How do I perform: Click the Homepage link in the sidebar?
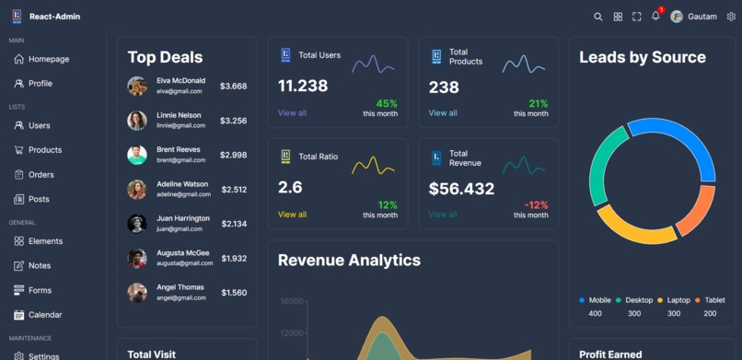pyautogui.click(x=48, y=59)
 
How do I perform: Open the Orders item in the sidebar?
pyautogui.click(x=41, y=174)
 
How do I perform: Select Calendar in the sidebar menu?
pyautogui.click(x=45, y=315)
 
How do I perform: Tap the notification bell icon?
pyautogui.click(x=655, y=17)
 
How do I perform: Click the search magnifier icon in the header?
pyautogui.click(x=598, y=17)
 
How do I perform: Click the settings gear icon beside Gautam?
pyautogui.click(x=731, y=17)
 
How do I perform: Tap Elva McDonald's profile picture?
pyautogui.click(x=137, y=86)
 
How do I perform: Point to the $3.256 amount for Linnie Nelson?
pyautogui.click(x=233, y=121)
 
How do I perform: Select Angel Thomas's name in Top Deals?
pyautogui.click(x=180, y=287)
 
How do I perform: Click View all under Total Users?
pyautogui.click(x=292, y=113)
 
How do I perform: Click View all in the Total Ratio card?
pyautogui.click(x=292, y=215)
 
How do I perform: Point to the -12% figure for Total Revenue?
pyautogui.click(x=536, y=204)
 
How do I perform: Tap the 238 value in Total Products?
pyautogui.click(x=444, y=87)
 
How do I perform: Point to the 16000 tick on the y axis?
pyautogui.click(x=292, y=301)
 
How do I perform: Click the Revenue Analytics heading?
pyautogui.click(x=349, y=261)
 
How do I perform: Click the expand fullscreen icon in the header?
pyautogui.click(x=636, y=17)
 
